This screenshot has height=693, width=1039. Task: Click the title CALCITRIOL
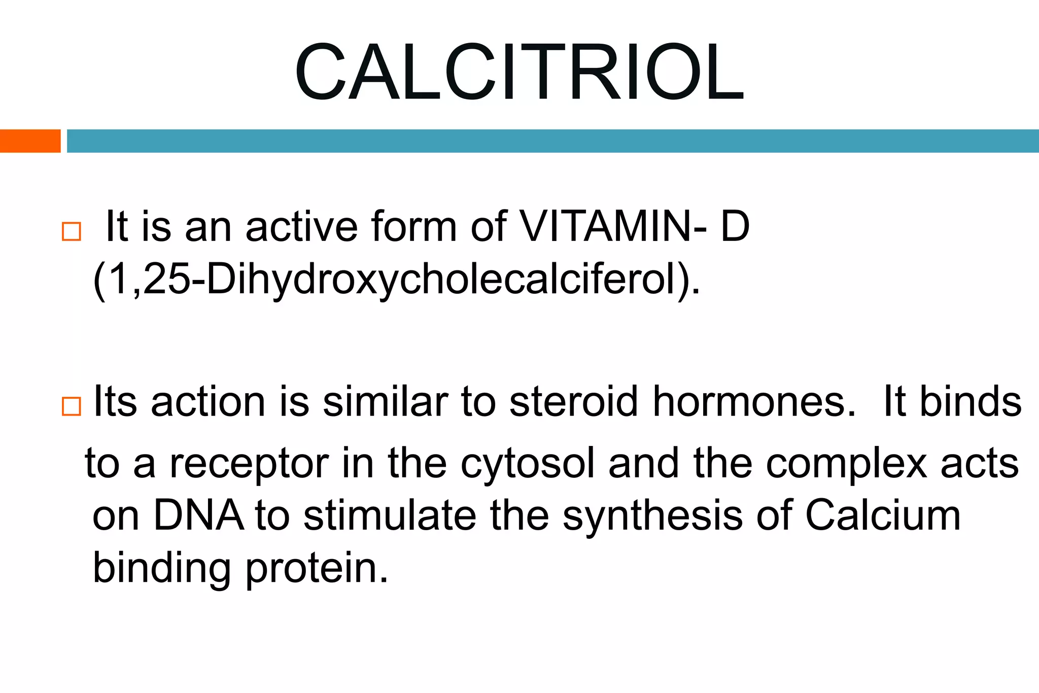(x=519, y=72)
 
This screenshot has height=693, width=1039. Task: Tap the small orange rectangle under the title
(x=30, y=141)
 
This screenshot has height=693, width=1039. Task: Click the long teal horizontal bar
(x=552, y=141)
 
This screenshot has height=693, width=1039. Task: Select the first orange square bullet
(x=71, y=231)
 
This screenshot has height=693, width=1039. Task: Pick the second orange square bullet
(x=71, y=406)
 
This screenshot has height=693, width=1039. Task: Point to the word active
(x=301, y=227)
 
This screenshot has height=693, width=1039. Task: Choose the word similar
(x=386, y=402)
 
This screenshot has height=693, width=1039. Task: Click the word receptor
(x=249, y=464)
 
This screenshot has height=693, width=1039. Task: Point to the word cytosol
(x=527, y=464)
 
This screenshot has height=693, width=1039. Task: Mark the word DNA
(x=198, y=516)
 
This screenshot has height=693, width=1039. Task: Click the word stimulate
(x=390, y=516)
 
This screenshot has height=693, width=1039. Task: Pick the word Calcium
(x=883, y=516)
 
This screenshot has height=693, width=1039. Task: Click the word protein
(x=317, y=569)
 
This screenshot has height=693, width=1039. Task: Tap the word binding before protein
(x=162, y=569)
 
